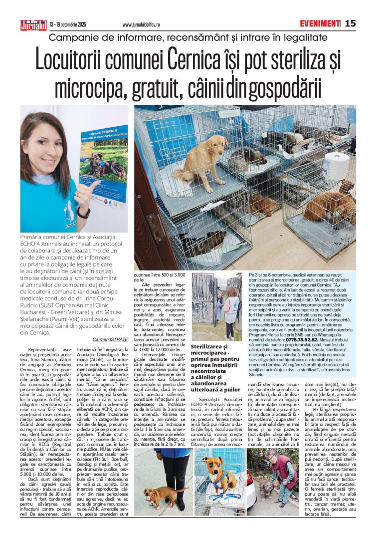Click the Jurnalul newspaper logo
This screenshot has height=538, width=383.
(33, 24)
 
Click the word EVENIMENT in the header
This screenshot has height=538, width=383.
(320, 23)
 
